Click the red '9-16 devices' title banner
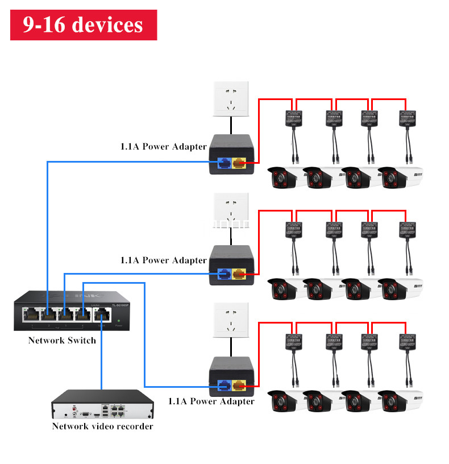click(x=83, y=25)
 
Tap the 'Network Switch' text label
click(x=62, y=340)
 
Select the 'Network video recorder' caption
click(x=102, y=426)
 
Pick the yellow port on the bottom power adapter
click(x=239, y=387)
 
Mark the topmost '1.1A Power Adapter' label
click(x=163, y=147)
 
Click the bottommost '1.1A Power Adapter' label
click(x=211, y=401)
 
